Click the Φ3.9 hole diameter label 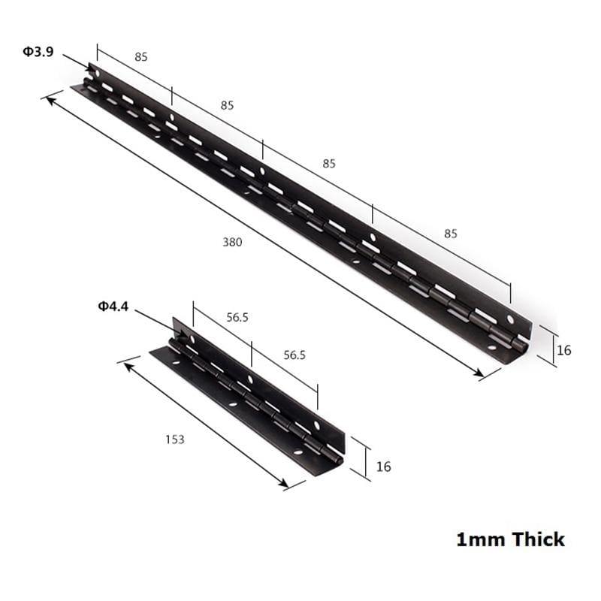click(38, 53)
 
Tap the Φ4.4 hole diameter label click(113, 306)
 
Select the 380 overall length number click(232, 242)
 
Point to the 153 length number click(174, 439)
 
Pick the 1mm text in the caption click(481, 539)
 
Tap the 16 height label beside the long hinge click(564, 349)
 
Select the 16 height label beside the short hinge click(383, 467)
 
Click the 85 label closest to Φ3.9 click(140, 56)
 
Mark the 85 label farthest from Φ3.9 click(450, 234)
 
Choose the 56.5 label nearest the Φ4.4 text click(237, 318)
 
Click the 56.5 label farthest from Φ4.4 click(294, 355)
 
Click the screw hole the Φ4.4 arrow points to click(191, 340)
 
